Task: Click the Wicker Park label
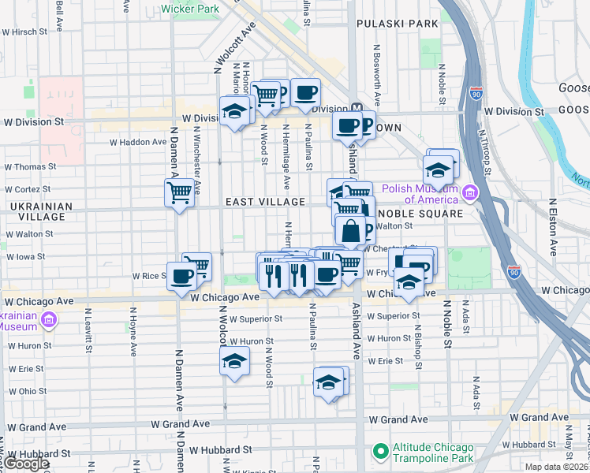pyautogui.click(x=189, y=9)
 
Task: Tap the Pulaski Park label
pyautogui.click(x=397, y=24)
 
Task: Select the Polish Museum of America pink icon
pyautogui.click(x=470, y=193)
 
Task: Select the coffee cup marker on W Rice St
pyautogui.click(x=181, y=276)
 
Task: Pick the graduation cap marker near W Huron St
pyautogui.click(x=233, y=362)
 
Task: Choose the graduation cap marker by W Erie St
pyautogui.click(x=327, y=383)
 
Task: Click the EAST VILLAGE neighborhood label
pyautogui.click(x=265, y=202)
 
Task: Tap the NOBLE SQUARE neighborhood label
pyautogui.click(x=420, y=214)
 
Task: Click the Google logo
pyautogui.click(x=26, y=464)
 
